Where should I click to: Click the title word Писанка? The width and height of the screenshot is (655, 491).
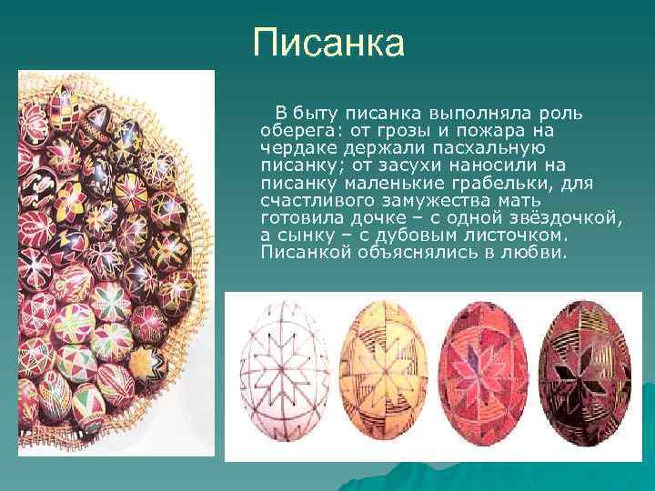328,43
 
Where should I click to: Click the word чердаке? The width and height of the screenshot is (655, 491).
294,148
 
